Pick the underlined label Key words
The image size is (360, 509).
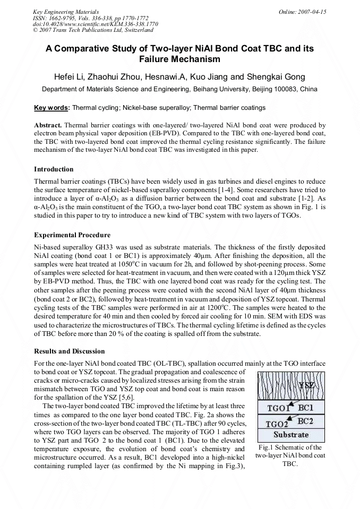(52, 108)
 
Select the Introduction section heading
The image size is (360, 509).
(54, 169)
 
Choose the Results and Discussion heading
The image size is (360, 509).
(70, 351)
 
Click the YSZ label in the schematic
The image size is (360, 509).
(307, 386)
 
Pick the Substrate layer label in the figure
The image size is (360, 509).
(291, 435)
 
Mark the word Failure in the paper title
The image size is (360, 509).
(164, 59)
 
